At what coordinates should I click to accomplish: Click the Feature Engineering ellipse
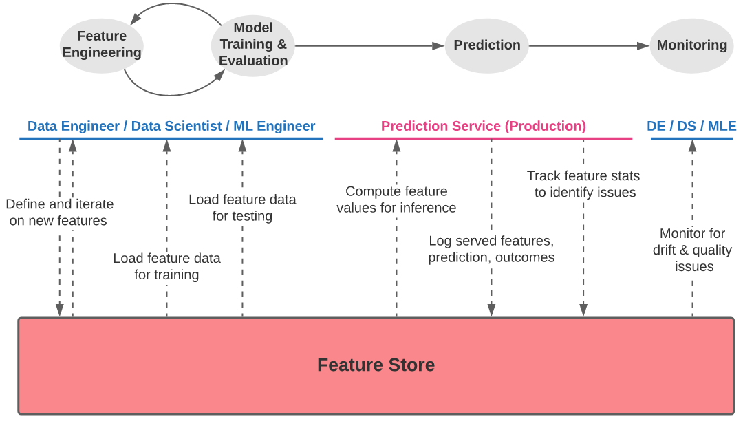(x=102, y=45)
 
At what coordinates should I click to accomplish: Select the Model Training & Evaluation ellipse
(x=252, y=45)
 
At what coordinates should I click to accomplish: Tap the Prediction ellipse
(x=486, y=45)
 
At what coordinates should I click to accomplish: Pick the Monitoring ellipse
(x=691, y=45)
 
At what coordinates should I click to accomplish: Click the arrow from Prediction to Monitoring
(x=589, y=46)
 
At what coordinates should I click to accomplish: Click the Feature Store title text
(x=376, y=365)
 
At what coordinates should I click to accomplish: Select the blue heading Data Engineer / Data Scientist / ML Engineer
(x=171, y=127)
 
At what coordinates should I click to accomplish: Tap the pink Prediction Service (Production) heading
(x=484, y=127)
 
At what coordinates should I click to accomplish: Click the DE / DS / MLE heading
(x=691, y=127)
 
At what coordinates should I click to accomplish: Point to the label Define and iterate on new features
(x=59, y=213)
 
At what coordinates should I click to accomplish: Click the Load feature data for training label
(x=166, y=266)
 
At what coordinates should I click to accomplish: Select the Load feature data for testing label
(x=242, y=208)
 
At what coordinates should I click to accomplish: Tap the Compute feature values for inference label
(x=396, y=200)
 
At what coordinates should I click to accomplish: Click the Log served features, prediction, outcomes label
(x=491, y=249)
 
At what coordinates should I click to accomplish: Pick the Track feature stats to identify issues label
(x=584, y=184)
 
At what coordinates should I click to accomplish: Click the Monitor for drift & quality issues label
(x=692, y=250)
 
